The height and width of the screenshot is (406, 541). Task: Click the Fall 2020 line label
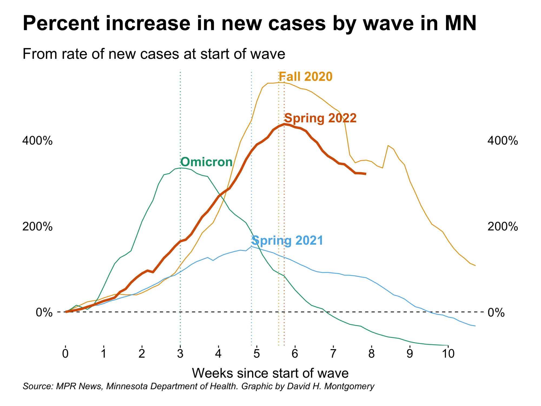click(305, 77)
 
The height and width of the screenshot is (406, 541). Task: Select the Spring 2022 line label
click(320, 118)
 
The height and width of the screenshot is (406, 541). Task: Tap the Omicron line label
click(206, 162)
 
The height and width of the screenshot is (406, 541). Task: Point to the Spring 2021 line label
click(287, 241)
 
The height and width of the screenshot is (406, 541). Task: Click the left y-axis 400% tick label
click(37, 141)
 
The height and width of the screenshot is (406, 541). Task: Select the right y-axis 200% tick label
click(503, 227)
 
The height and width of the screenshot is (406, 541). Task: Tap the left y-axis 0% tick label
click(44, 312)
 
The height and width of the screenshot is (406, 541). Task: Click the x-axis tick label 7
click(333, 353)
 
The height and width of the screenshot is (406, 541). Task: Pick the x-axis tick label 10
click(448, 353)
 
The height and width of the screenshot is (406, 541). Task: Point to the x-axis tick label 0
click(65, 353)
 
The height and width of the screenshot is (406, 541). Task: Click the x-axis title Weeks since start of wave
click(270, 373)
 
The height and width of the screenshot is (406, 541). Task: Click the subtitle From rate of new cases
click(154, 54)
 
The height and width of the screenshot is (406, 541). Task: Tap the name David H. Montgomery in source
click(331, 386)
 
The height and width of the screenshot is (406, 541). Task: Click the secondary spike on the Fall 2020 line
click(388, 146)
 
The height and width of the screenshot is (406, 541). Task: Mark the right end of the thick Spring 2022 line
click(366, 174)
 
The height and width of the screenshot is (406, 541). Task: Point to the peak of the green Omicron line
click(180, 168)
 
